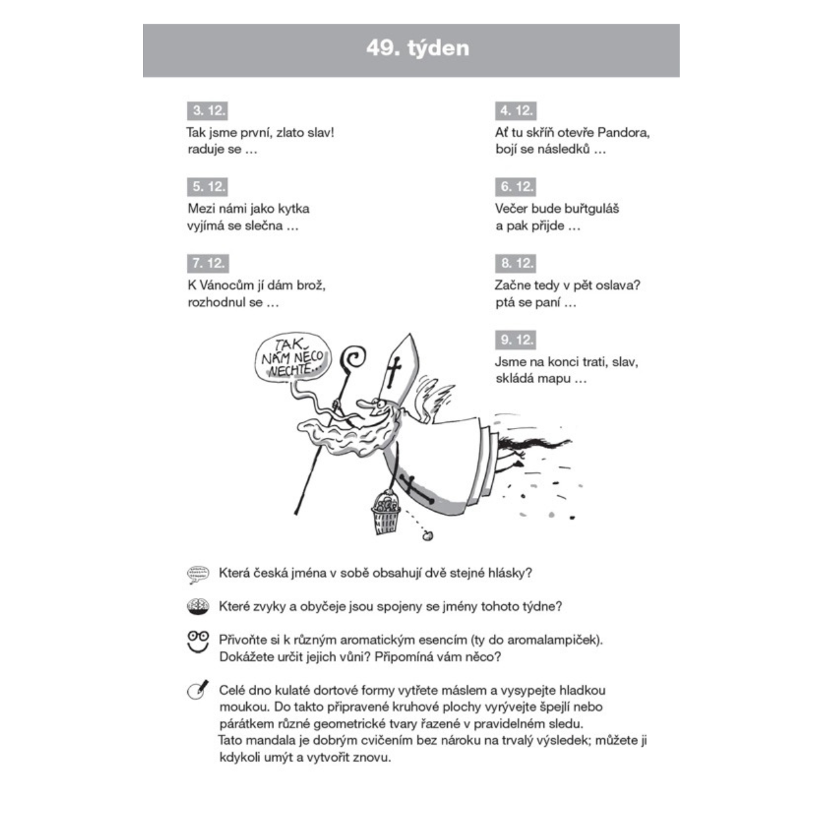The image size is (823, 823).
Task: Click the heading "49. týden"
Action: [417, 49]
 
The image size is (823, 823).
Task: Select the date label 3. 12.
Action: [207, 111]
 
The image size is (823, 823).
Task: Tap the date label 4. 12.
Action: [515, 111]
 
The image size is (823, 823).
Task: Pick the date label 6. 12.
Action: [515, 187]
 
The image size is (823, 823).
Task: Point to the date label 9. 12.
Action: [515, 340]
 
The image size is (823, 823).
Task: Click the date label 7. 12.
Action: [207, 263]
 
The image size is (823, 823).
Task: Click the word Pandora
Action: [623, 132]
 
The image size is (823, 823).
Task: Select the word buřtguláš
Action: [591, 209]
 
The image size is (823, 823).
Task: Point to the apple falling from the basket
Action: [427, 536]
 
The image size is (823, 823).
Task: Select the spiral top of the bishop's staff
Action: [354, 358]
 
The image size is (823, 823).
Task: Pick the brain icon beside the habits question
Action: [198, 606]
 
